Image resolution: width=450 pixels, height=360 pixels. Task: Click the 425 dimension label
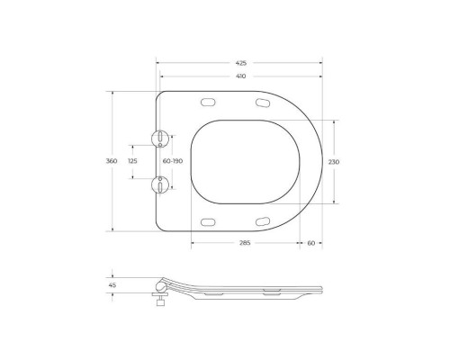point(240,63)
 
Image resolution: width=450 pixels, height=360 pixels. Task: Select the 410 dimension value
point(240,77)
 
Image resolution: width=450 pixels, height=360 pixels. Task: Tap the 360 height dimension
point(112,160)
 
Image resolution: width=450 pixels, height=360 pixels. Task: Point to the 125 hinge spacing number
point(133,160)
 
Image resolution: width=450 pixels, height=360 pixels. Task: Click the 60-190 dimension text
point(173,160)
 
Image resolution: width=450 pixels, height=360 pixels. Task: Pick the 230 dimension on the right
point(334,161)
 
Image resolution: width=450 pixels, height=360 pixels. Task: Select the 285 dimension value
point(244,243)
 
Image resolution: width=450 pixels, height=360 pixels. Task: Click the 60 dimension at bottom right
point(310,243)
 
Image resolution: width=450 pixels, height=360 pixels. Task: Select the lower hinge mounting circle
point(160,183)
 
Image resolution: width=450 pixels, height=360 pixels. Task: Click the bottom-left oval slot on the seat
point(209,221)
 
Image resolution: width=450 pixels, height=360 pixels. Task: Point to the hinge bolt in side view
point(160,300)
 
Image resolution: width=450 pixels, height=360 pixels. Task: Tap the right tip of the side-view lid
point(321,289)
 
